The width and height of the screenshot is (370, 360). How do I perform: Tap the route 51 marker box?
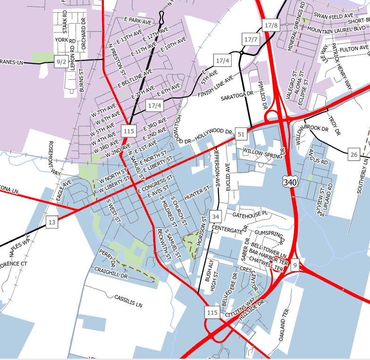(x=241, y=134)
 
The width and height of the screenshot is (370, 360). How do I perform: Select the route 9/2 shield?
(x=61, y=61)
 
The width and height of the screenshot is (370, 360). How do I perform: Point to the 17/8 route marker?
(x=271, y=25)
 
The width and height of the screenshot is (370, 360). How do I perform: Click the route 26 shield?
(x=354, y=154)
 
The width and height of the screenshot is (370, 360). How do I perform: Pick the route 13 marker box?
(x=51, y=222)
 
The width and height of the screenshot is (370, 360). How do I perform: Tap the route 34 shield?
(x=216, y=216)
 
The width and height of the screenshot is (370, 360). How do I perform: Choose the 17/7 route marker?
(x=251, y=39)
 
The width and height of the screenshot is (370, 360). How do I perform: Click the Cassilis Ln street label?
(x=128, y=301)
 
